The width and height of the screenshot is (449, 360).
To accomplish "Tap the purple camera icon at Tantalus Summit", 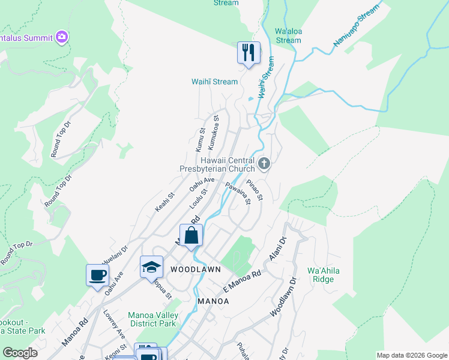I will click(x=61, y=37).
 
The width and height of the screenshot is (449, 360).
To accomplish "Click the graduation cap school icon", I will click(x=151, y=266).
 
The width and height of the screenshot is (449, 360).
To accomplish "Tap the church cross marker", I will click(x=264, y=163).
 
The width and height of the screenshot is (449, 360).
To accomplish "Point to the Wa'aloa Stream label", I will click(x=288, y=36).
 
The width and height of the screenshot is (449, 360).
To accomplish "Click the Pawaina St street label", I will click(x=238, y=194).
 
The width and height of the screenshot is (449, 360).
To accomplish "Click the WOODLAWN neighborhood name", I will click(x=191, y=269).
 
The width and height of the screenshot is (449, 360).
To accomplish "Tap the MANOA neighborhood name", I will click(x=210, y=301).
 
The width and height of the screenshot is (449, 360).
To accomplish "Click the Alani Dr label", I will click(x=276, y=248).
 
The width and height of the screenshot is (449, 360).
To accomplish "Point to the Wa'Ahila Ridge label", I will click(x=323, y=275).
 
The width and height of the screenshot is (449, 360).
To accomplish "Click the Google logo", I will click(x=20, y=353).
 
